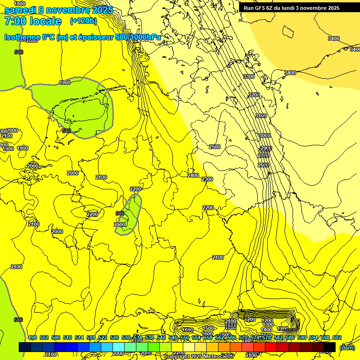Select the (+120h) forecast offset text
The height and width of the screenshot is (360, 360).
(83, 21)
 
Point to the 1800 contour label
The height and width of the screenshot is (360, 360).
(20, 4)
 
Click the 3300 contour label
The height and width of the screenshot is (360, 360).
(249, 76)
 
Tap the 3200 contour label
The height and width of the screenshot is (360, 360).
(254, 95)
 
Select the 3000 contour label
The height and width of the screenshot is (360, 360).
(265, 135)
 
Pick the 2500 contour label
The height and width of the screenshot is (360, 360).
(215, 147)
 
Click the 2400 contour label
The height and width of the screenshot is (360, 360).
(193, 175)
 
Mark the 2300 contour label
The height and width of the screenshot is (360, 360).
(207, 180)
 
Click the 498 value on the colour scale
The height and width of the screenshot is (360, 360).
(32, 338)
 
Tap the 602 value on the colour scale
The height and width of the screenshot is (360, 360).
(337, 338)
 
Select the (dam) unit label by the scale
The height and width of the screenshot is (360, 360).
(347, 347)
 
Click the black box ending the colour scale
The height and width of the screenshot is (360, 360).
(330, 347)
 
